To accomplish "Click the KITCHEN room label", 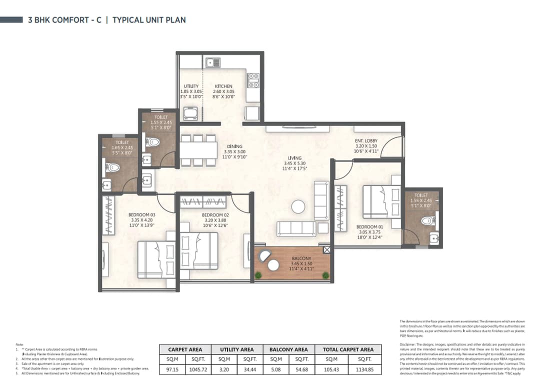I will (223, 86).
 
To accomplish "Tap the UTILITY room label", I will (191, 86).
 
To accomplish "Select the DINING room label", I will (234, 146).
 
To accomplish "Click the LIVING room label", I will (294, 158).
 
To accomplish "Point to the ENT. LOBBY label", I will (366, 141).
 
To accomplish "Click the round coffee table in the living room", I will (298, 206).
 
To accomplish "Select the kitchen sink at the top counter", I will (212, 62).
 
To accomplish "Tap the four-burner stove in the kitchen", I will (253, 77).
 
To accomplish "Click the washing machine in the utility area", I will (191, 114).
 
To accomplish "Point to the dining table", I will (198, 150).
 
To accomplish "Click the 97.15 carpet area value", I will (171, 369).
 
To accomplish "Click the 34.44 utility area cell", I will (250, 369).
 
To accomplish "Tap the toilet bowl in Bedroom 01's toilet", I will (426, 220).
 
